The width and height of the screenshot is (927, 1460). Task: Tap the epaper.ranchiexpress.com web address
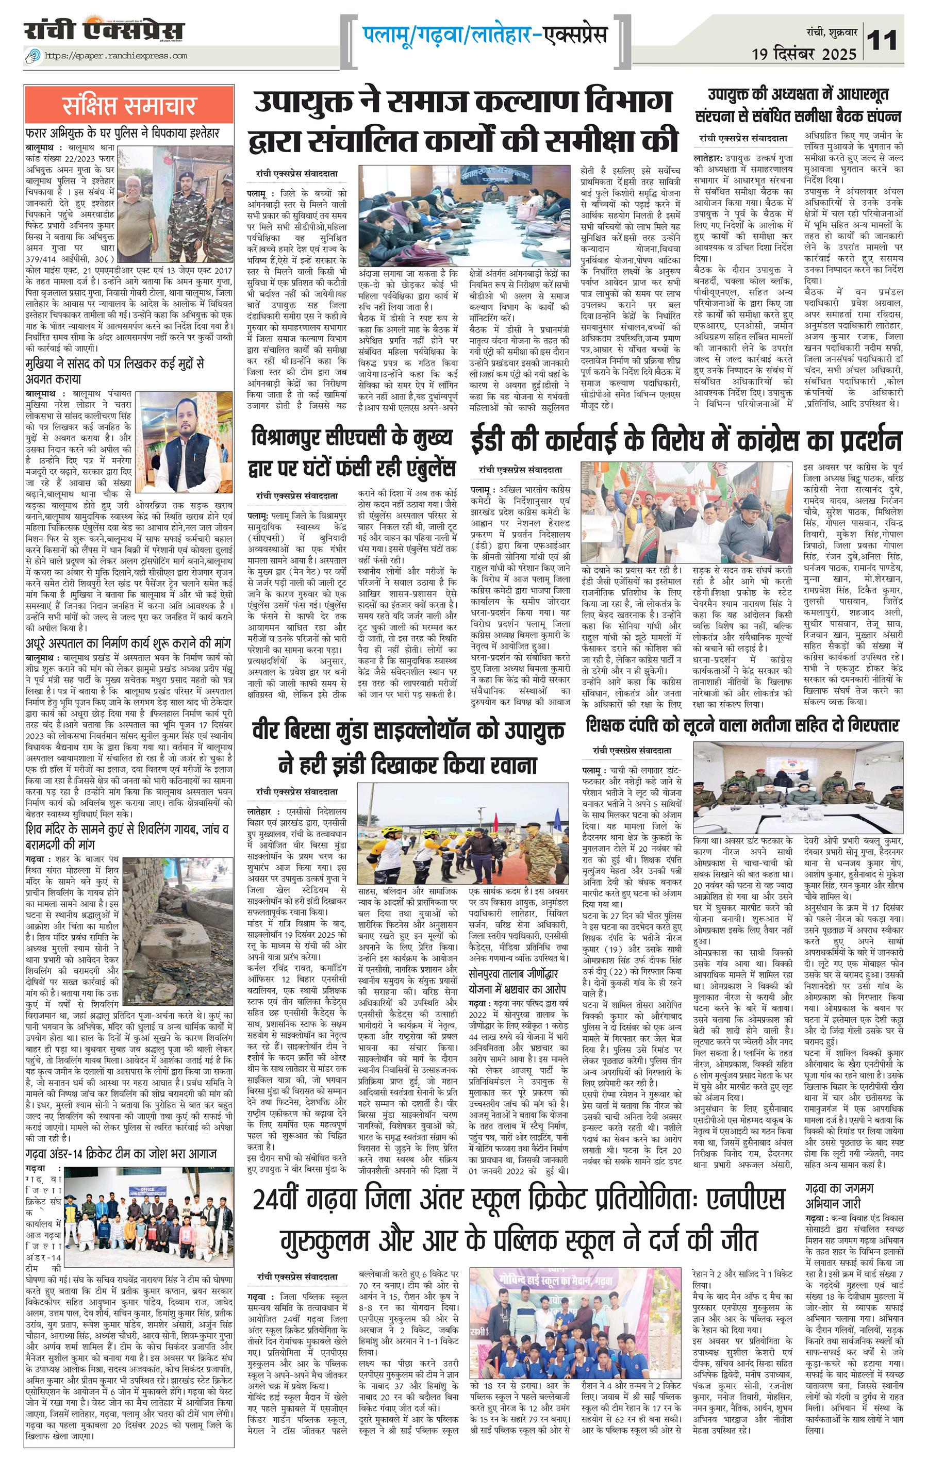click(x=115, y=56)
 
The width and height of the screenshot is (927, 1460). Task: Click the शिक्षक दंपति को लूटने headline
click(x=741, y=725)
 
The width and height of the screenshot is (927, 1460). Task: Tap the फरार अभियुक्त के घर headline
click(x=122, y=133)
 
